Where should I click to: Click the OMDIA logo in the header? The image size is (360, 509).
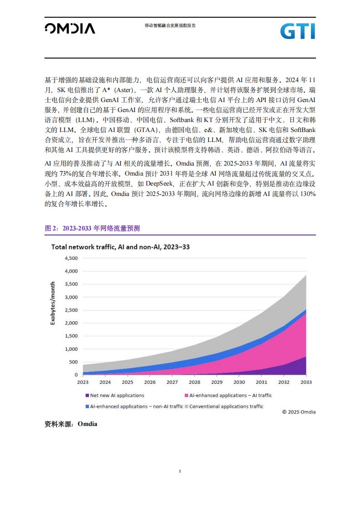[x=70, y=28]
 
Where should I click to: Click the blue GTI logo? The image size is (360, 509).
[x=298, y=31]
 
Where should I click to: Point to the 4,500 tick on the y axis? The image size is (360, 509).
[x=71, y=259]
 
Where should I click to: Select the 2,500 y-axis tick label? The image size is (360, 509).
[x=71, y=310]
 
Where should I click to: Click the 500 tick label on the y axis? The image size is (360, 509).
[x=74, y=362]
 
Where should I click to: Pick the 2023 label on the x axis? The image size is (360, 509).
[x=83, y=382]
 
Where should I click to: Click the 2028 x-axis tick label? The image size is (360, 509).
[x=195, y=382]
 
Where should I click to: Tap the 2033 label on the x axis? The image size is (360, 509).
[x=306, y=382]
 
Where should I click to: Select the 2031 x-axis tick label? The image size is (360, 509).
[x=261, y=382]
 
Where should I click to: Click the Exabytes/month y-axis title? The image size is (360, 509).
[x=53, y=303]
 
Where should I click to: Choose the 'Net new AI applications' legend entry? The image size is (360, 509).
[x=115, y=396]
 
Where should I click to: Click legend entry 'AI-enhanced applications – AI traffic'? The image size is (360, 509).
[x=228, y=396]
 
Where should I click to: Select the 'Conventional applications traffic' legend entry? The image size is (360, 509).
[x=224, y=406]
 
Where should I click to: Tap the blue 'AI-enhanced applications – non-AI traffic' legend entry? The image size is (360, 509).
[x=134, y=406]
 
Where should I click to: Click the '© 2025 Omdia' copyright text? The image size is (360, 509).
[x=299, y=412]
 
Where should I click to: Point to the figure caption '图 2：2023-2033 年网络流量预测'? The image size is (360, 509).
[x=92, y=229]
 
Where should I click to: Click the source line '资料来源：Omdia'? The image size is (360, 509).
[x=71, y=424]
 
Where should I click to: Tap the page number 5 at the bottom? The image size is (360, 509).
[x=180, y=471]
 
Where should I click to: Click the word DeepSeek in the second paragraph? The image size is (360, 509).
[x=159, y=184]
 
